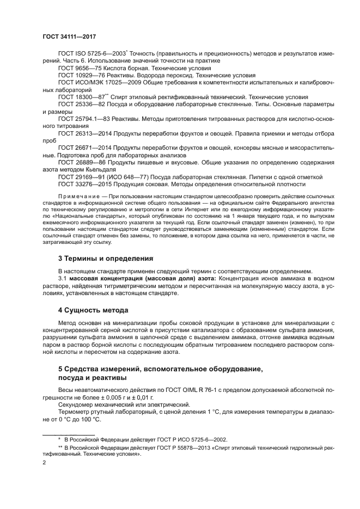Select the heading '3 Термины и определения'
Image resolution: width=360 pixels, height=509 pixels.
(106, 257)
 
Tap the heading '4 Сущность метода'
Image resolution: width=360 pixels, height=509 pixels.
(93, 310)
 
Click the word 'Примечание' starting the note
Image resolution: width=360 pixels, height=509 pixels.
(77, 196)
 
